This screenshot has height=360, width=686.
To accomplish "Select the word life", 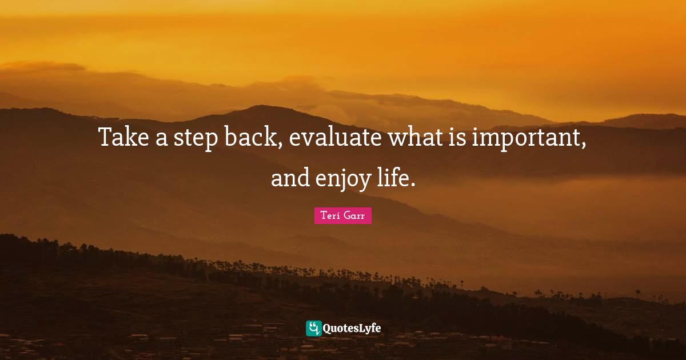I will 393,178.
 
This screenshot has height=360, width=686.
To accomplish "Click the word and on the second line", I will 290,178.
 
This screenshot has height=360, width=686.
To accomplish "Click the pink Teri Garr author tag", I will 343,216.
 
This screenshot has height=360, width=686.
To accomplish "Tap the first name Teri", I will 330,216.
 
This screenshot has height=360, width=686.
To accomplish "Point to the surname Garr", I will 355,216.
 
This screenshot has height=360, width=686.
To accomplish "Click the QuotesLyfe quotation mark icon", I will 313,328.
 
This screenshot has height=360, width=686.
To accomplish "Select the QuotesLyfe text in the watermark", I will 352,329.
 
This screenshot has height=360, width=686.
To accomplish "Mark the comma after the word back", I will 280,146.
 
